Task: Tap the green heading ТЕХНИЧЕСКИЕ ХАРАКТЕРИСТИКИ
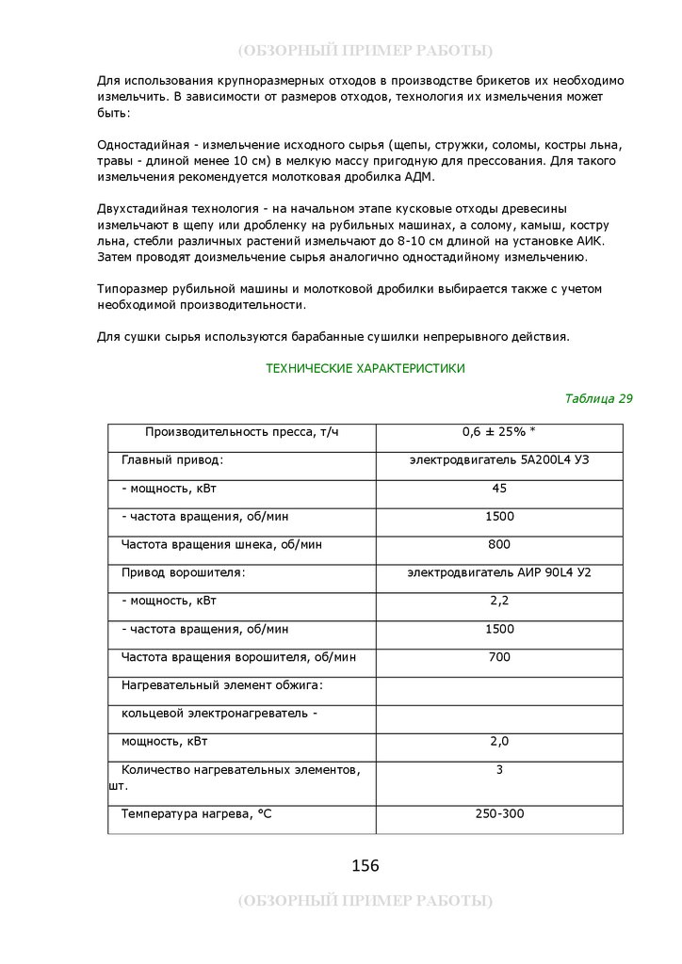coord(365,369)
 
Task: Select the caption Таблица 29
coord(598,398)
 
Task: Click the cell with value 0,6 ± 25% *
coord(498,432)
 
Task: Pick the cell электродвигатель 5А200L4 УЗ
coord(498,460)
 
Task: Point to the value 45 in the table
coord(499,489)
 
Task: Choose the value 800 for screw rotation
coord(499,545)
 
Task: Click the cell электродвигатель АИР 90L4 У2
coord(498,572)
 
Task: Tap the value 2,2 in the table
coord(499,601)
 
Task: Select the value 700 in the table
coord(499,657)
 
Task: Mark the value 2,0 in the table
coord(499,742)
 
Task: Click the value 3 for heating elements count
coord(499,770)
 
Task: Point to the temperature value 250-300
coord(499,813)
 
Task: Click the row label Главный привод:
coord(172,460)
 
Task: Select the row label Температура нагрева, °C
coord(196,813)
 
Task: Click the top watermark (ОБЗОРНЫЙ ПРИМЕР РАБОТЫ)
coord(365,50)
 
